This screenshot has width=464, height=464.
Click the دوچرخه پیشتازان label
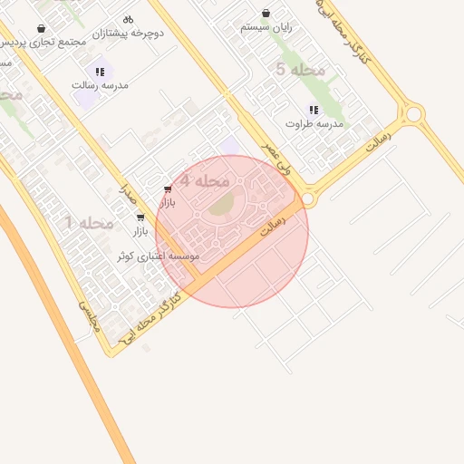coord(134,33)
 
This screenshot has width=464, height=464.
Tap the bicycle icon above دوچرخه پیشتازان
coord(128,18)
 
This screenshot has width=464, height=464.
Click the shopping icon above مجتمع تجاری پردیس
coord(42,29)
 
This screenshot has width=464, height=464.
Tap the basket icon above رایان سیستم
coord(266,14)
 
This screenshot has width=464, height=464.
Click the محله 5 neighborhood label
coord(294,69)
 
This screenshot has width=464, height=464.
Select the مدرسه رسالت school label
coord(101,84)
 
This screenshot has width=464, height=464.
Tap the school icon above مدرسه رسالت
coord(100,71)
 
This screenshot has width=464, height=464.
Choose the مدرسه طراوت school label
coord(314,123)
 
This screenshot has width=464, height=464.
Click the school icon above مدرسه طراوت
coord(314,110)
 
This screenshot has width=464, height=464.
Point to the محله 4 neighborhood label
coord(203,180)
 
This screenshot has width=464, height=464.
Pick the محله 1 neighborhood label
coord(89,222)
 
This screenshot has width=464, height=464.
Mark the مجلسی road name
coord(86,318)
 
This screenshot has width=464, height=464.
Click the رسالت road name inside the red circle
coord(272,225)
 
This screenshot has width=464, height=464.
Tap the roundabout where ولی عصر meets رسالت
coord(308,196)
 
